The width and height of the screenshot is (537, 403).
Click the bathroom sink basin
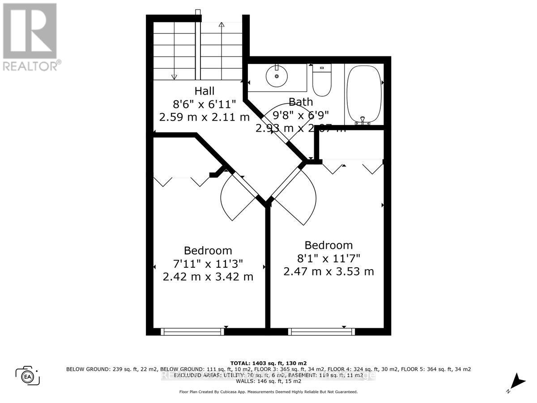point(277,76)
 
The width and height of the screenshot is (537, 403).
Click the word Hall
point(204,91)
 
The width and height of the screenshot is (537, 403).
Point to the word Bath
point(301,102)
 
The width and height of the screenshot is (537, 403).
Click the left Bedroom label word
point(208,250)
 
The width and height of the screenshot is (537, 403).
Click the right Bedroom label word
point(328,245)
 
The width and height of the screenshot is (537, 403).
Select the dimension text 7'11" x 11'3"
point(208,263)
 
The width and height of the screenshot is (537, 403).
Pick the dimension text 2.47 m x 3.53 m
point(328,271)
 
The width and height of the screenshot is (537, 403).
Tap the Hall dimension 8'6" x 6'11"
point(204,104)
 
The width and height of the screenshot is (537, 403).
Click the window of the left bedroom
point(192,332)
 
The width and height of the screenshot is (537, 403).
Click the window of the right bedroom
point(321,332)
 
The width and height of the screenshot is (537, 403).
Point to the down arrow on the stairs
point(174,77)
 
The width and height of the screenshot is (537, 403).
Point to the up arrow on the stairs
point(221,25)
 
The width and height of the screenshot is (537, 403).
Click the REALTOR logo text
point(31,66)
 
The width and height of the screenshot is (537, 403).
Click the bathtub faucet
point(362,120)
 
